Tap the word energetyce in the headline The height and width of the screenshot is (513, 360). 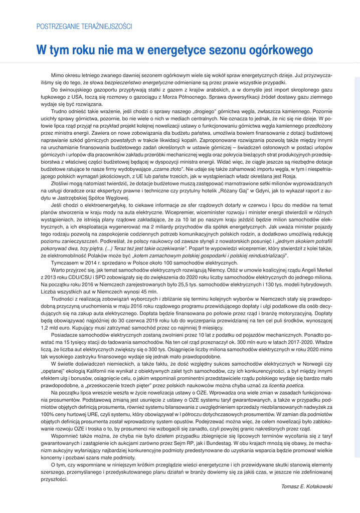pos(159,51)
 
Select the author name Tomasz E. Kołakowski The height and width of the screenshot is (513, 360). pos(306,486)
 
